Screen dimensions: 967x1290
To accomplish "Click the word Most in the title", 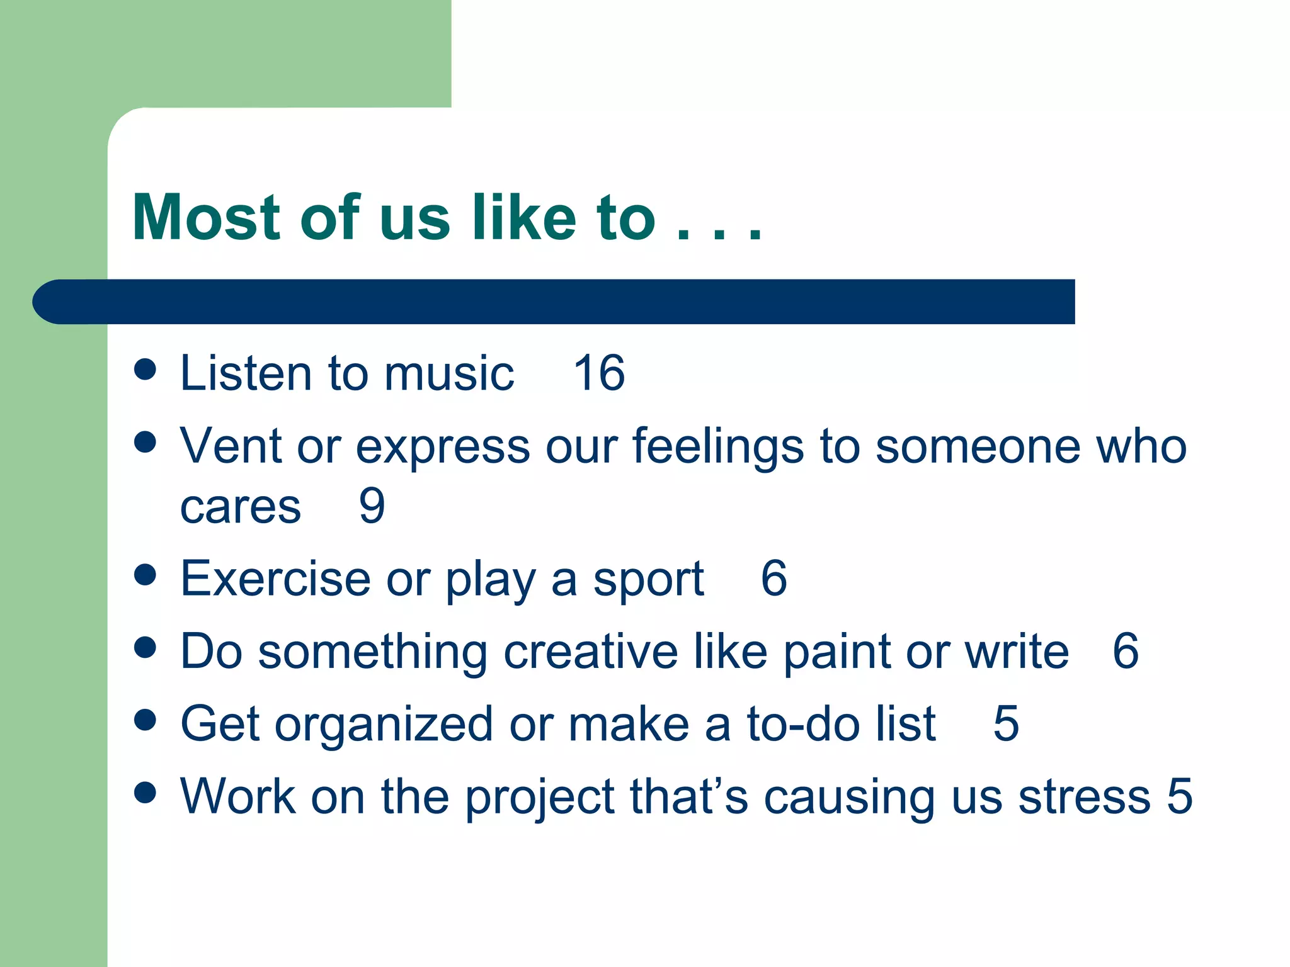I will [x=206, y=218].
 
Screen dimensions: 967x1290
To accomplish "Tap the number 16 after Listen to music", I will [x=599, y=373].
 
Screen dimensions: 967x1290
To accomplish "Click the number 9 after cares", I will [x=372, y=506].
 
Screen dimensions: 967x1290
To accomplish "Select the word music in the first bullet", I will [x=449, y=373].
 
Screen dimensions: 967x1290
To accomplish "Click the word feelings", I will [x=718, y=447].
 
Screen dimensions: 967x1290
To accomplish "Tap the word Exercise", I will [x=275, y=579].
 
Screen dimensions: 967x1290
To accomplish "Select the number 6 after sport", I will [x=773, y=579].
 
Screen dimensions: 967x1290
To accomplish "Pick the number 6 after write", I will [x=1125, y=651].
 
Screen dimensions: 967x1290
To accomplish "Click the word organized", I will [x=384, y=725].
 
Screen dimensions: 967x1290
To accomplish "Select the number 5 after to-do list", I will [x=1006, y=724].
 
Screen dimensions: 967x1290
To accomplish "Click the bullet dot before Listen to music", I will [x=145, y=370].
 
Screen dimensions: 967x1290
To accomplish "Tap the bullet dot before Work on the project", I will [x=145, y=793].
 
